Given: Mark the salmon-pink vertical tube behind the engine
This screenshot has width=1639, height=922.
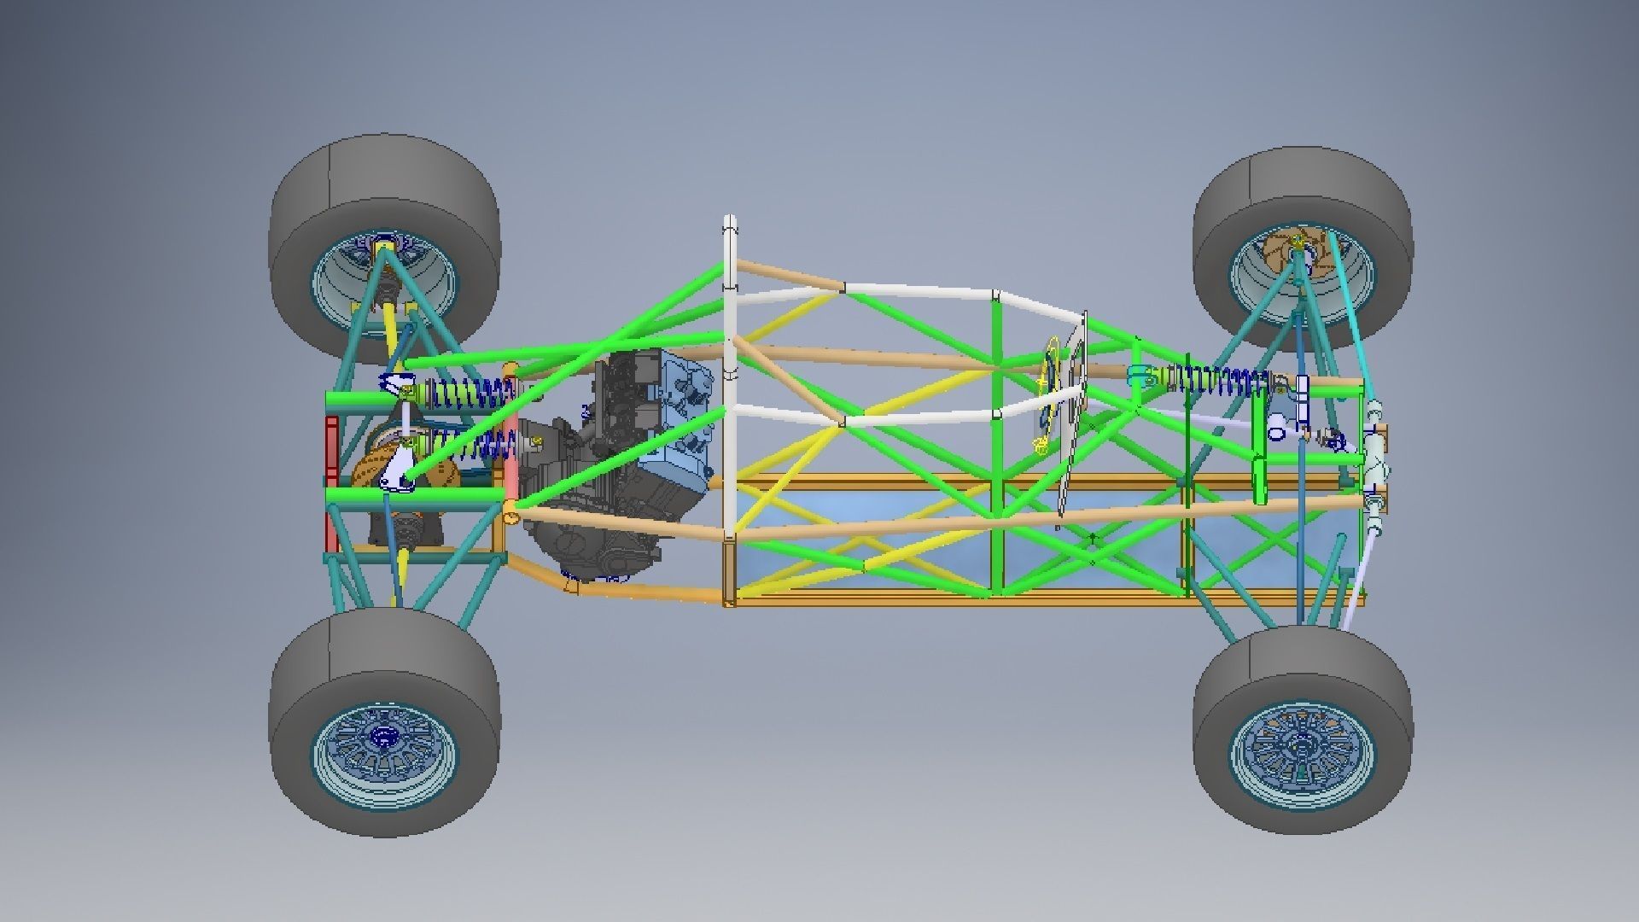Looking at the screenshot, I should [511, 444].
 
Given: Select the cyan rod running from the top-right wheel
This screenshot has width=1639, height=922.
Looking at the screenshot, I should [1349, 316].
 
